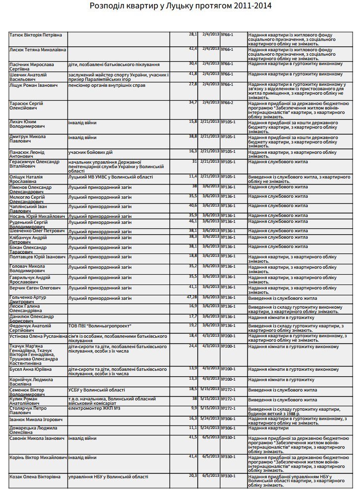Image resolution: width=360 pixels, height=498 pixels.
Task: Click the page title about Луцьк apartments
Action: [180, 6]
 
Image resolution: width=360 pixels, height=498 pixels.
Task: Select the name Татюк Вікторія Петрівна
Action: [36, 35]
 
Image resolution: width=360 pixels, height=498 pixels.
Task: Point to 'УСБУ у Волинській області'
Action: [97, 390]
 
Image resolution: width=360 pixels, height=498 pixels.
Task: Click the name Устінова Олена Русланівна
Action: [38, 336]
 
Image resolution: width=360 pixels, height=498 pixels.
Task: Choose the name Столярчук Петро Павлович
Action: [28, 411]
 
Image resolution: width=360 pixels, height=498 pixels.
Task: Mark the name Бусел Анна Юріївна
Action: [30, 369]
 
